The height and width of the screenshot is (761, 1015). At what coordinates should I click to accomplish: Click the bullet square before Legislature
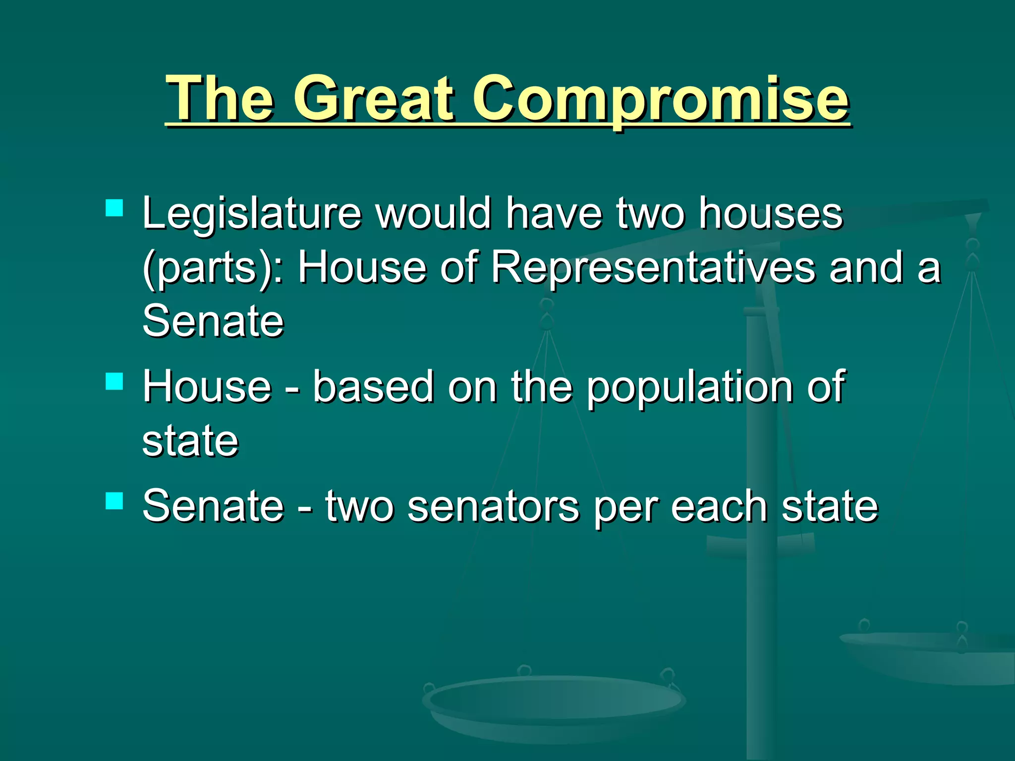tap(114, 208)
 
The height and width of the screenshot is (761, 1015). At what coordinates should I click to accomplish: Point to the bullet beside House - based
tap(114, 382)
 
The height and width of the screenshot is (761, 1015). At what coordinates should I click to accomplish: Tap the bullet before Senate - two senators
tap(114, 501)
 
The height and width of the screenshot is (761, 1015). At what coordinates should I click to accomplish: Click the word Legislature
tap(252, 214)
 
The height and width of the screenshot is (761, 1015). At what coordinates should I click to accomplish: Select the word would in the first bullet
tap(433, 214)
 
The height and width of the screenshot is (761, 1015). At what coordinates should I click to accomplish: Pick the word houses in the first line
tap(771, 214)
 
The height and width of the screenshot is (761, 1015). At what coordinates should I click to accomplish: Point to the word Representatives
tap(653, 268)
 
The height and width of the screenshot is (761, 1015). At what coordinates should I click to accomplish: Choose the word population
tap(691, 388)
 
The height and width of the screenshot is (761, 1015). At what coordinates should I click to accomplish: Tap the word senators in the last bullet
tap(493, 506)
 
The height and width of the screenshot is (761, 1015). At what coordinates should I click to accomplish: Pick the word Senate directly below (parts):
tap(213, 321)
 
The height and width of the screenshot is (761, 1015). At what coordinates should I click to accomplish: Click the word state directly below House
tap(190, 441)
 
